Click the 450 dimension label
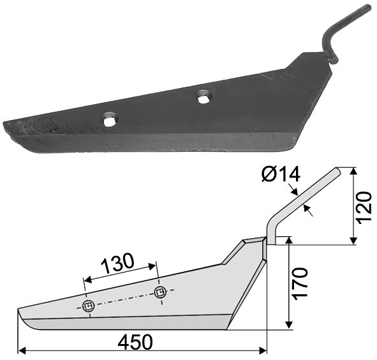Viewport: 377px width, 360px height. point(135,341)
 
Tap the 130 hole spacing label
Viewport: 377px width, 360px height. point(117,262)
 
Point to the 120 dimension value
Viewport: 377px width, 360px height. point(364,208)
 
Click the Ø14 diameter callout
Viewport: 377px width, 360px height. point(281,174)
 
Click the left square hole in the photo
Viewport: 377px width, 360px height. point(110,120)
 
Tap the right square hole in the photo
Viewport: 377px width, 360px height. point(204,97)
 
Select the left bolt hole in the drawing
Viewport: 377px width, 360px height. point(88,306)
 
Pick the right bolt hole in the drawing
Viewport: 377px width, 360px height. point(160,292)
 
